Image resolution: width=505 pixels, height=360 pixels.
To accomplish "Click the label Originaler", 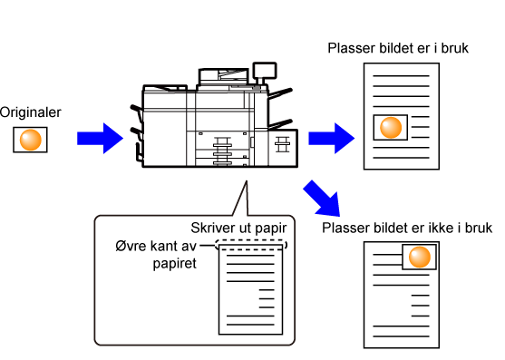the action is (30, 112).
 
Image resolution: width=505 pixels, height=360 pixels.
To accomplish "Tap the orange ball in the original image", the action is (31, 140).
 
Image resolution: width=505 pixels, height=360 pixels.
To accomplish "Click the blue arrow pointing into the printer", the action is (100, 138).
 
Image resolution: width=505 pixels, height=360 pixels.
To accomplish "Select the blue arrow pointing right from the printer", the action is (332, 138).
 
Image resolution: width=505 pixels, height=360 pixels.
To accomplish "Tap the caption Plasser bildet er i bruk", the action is (398, 48).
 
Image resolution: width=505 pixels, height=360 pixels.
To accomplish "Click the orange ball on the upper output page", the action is (391, 128).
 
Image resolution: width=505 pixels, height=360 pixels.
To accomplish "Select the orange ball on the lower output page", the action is (420, 257).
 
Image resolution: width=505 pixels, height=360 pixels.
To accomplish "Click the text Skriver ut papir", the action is (238, 228).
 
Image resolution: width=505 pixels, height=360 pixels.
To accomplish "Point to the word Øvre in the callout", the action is (129, 246).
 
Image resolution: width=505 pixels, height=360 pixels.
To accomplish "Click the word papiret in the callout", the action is (175, 264).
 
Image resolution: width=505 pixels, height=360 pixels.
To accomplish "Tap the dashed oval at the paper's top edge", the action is (251, 245).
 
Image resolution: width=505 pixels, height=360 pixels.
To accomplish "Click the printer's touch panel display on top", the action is (265, 71).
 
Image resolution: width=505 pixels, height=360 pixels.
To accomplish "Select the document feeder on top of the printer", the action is (224, 77).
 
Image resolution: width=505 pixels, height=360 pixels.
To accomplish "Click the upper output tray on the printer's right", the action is (280, 93).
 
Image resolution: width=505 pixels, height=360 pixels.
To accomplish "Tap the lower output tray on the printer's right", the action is (280, 124).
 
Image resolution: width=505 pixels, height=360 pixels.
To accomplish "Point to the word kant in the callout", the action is (160, 246).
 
